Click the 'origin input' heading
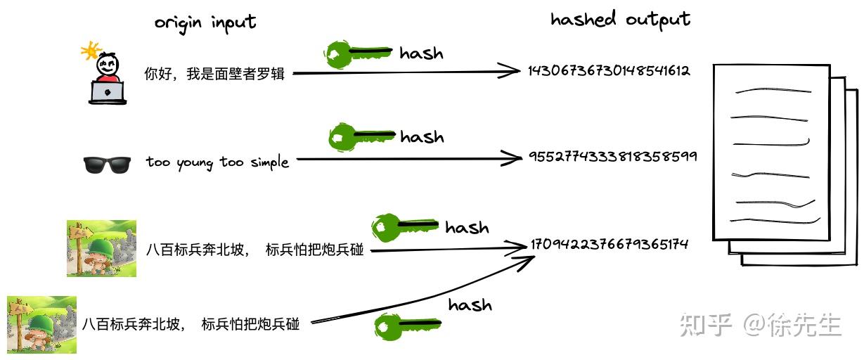(205, 22)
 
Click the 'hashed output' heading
(620, 19)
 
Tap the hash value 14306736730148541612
(609, 70)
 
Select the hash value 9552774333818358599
(612, 156)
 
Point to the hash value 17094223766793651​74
(609, 244)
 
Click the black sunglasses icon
(107, 164)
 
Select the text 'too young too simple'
(217, 162)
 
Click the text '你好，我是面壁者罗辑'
(214, 73)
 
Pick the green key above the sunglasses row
(360, 136)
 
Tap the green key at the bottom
(406, 326)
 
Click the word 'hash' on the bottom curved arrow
(470, 305)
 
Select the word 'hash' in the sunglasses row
(422, 136)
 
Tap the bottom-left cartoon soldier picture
(41, 324)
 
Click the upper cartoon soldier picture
(101, 247)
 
